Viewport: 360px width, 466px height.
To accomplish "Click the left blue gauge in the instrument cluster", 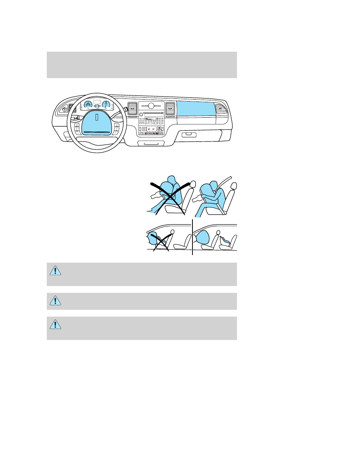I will coord(88,105).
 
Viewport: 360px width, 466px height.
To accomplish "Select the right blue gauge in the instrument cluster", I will coord(106,105).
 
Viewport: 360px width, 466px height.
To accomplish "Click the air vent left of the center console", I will coord(132,108).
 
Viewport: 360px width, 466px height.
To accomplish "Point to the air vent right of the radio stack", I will coord(170,108).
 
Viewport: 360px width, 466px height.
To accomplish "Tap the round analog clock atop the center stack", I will coord(151,106).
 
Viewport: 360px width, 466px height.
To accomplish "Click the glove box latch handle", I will coord(189,135).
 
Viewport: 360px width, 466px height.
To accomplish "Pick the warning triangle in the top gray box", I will coord(55,271).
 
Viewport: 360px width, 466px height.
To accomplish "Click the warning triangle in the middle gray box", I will coord(55,300).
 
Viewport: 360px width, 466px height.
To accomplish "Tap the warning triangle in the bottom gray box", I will coord(55,324).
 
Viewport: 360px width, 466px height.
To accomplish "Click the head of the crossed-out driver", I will coord(172,180).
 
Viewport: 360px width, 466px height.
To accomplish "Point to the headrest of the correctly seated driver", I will coord(234,186).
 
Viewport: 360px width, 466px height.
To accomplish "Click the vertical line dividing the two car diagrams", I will coord(192,237).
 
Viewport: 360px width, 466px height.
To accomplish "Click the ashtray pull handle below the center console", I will coord(151,144).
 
